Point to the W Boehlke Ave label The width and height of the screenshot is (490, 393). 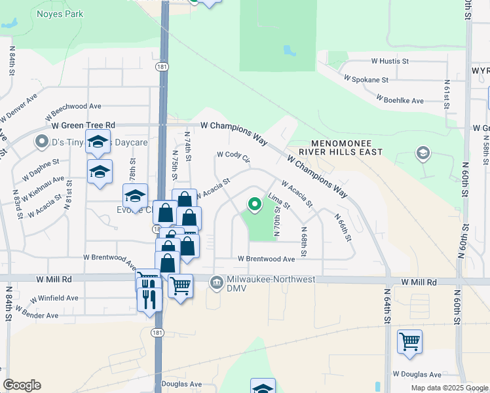(x=400, y=100)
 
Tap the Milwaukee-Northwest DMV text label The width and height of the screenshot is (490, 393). (x=271, y=283)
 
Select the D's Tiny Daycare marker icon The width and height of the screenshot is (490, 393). (x=43, y=141)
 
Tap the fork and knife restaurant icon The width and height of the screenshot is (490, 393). (x=149, y=299)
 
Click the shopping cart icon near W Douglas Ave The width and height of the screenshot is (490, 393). (x=409, y=341)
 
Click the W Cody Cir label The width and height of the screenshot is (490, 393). (x=234, y=157)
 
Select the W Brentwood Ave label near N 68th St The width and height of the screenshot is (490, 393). (x=266, y=259)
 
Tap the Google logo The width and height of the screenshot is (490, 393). (x=22, y=385)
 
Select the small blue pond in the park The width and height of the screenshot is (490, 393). (x=288, y=50)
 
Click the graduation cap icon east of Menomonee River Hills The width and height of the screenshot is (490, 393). (x=423, y=155)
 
